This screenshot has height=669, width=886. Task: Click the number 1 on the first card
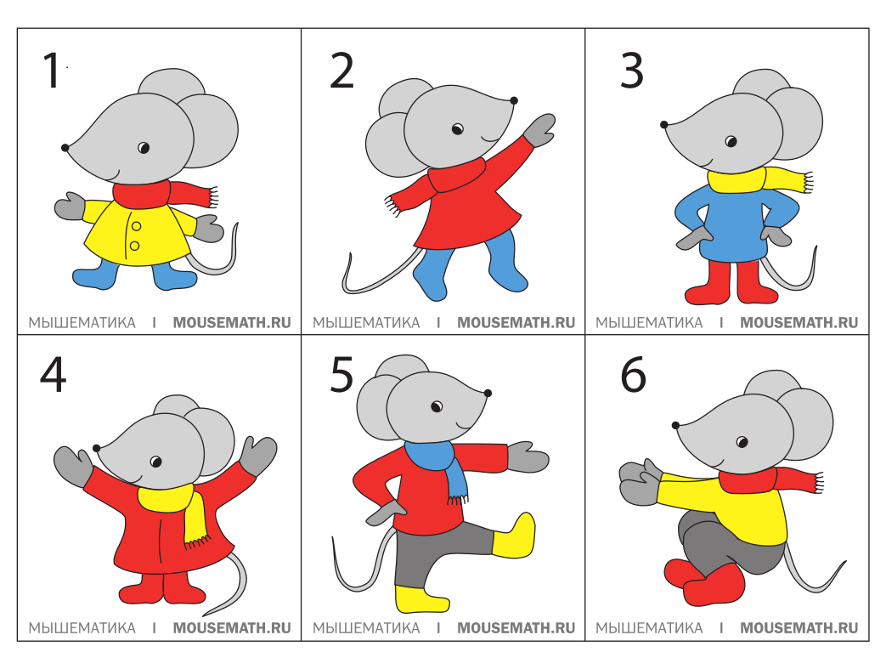[52, 70]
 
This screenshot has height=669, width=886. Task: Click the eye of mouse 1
[144, 148]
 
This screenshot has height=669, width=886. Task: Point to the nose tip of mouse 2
[514, 100]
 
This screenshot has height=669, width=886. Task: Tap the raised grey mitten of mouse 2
[539, 130]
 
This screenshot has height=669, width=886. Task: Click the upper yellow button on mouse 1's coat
[136, 226]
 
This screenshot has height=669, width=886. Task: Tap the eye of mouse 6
[742, 442]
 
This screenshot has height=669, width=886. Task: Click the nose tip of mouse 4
[97, 448]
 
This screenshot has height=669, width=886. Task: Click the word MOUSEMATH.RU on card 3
[799, 322]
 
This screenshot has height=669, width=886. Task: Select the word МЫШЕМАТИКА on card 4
[82, 627]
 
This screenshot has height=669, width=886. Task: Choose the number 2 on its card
[341, 71]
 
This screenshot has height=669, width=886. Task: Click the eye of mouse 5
[437, 406]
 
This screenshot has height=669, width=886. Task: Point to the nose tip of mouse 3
[664, 124]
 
